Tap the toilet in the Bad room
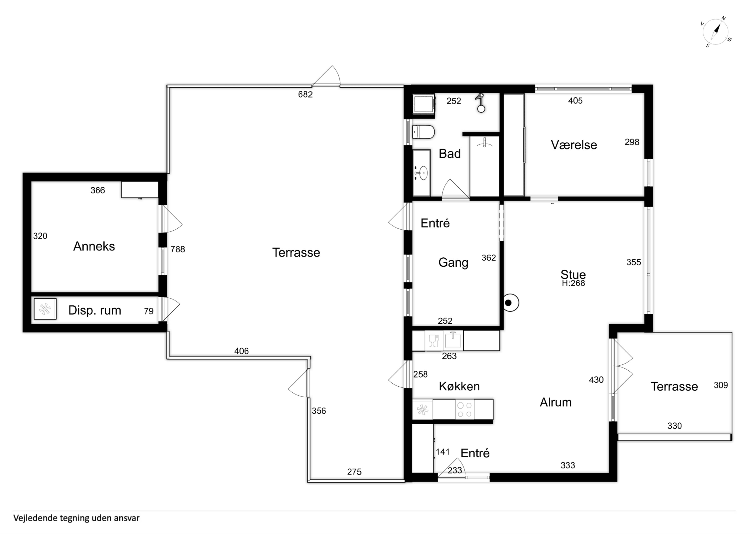423,132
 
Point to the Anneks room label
94,246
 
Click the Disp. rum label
95,310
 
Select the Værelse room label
574,145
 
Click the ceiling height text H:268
573,283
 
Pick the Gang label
453,263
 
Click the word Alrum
555,402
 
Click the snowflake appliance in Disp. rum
45,309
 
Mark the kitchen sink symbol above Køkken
453,340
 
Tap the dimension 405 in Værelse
575,101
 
